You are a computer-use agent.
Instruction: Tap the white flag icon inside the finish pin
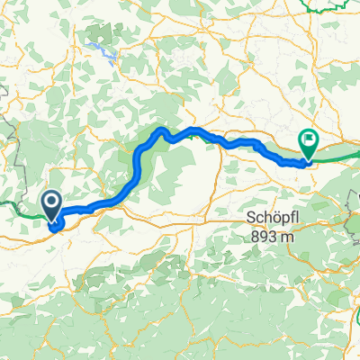coord(309,139)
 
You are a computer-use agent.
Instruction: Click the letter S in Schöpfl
coord(247,218)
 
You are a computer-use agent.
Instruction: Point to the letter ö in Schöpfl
coord(267,218)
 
